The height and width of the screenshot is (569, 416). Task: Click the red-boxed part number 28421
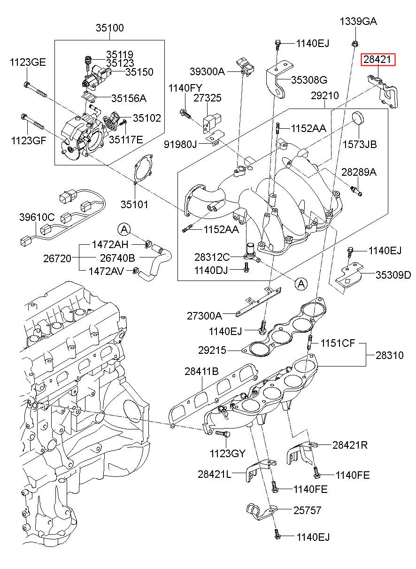tap(378, 60)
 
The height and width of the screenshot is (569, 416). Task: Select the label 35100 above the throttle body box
tap(110, 28)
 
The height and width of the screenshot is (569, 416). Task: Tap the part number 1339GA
tap(358, 21)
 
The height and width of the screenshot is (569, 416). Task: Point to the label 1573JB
tap(359, 144)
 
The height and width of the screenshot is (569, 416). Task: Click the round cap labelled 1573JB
tap(358, 118)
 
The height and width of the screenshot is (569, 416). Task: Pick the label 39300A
tap(208, 71)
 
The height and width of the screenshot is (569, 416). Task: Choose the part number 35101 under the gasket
tap(134, 204)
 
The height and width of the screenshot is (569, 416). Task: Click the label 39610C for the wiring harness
tap(37, 217)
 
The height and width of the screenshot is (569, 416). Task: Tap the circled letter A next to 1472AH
tap(124, 229)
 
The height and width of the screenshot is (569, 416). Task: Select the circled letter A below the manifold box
tap(301, 283)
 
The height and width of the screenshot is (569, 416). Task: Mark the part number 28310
tap(389, 355)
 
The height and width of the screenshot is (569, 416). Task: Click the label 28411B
tap(201, 371)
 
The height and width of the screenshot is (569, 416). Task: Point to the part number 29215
tap(212, 351)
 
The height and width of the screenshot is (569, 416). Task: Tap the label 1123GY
tap(227, 453)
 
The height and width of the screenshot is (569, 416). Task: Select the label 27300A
tap(204, 316)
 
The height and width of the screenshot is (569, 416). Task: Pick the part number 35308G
tap(309, 80)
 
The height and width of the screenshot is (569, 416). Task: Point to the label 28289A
tap(359, 172)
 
